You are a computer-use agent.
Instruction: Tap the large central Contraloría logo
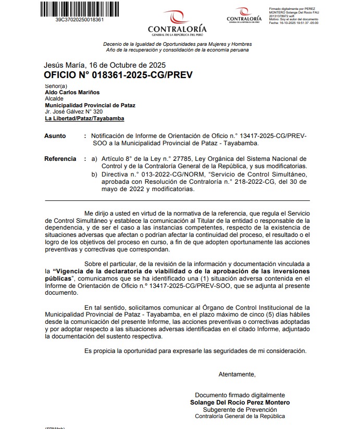point(177,23)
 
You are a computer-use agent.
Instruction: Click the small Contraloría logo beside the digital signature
point(244,15)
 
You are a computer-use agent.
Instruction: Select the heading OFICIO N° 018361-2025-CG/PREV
point(119,75)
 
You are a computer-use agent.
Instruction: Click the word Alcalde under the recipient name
point(54,98)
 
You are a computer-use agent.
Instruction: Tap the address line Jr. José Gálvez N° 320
point(73,111)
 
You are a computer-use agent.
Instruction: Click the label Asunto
point(55,136)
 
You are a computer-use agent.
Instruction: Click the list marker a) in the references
point(94,159)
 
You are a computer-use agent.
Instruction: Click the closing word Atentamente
point(237,374)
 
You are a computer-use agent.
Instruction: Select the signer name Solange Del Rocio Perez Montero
point(240,402)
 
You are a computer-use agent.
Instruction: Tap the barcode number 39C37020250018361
point(79,20)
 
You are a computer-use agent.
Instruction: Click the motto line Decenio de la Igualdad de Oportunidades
point(177,44)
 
